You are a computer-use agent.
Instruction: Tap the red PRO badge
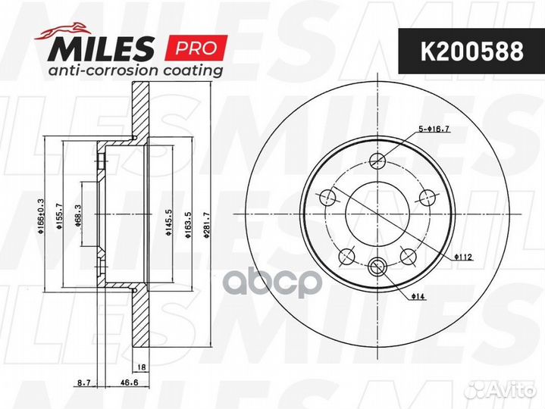tap(196, 48)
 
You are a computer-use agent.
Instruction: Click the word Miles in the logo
tap(104, 50)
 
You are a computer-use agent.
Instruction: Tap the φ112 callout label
tap(462, 258)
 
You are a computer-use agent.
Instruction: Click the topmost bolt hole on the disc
tap(378, 161)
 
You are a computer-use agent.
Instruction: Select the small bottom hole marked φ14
tap(378, 265)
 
